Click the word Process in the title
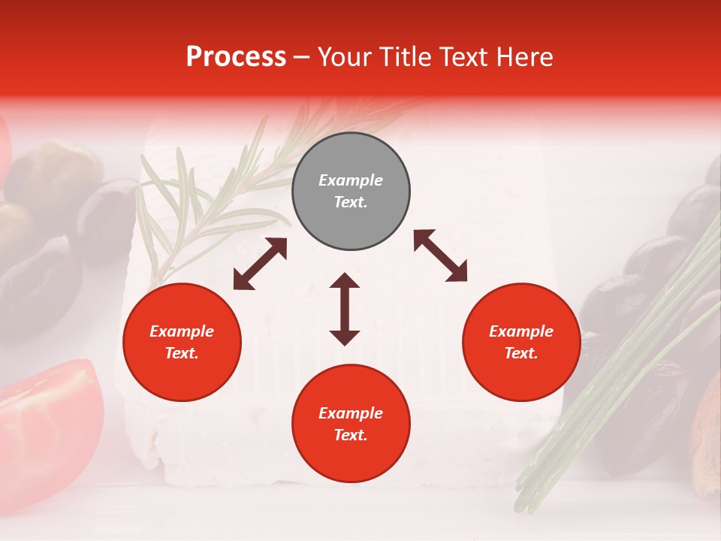tap(236, 57)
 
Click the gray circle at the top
tap(351, 192)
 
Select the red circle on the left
tap(182, 343)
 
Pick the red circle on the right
tap(521, 343)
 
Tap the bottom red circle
tap(351, 424)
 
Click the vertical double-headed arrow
tap(345, 309)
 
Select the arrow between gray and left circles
tap(260, 264)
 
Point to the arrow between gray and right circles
tap(440, 256)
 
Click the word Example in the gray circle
tap(351, 180)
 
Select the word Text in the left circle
tap(182, 354)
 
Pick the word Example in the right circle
tap(521, 331)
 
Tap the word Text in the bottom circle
tap(351, 435)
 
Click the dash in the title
tap(302, 57)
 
